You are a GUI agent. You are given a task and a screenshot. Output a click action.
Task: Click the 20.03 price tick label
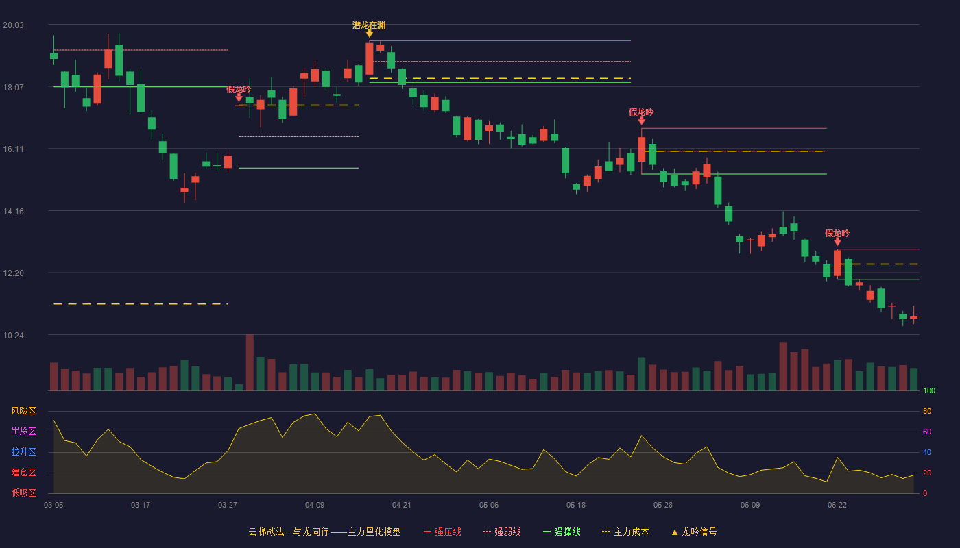(13, 25)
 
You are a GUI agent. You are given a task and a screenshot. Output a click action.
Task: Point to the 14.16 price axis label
(13, 212)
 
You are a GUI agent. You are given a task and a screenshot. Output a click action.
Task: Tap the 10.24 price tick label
(13, 336)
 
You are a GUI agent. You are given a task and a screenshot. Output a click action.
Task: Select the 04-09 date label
(315, 506)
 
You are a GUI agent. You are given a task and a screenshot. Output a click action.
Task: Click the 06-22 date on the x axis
(837, 506)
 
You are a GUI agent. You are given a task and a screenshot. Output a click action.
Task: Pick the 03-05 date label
(53, 506)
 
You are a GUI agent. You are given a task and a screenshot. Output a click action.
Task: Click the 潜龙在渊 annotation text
(369, 25)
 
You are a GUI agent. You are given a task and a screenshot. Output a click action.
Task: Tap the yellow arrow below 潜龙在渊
(370, 34)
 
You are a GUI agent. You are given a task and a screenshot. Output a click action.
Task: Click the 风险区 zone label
(23, 411)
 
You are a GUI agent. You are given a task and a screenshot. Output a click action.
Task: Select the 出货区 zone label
(23, 431)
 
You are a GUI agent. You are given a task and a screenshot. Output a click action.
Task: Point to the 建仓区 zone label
(23, 472)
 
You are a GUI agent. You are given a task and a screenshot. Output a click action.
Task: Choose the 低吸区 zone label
(23, 493)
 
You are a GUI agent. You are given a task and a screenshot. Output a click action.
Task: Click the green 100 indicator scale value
(929, 390)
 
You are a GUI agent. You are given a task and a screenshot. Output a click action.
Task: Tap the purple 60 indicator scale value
(927, 432)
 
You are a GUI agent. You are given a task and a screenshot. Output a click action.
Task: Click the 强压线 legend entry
(442, 532)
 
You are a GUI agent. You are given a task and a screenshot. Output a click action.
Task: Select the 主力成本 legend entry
(625, 532)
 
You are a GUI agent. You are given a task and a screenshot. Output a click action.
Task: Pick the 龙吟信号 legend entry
(694, 532)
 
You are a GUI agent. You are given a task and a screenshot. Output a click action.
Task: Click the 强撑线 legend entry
(562, 532)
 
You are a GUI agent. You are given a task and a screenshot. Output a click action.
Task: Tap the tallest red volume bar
(250, 362)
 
